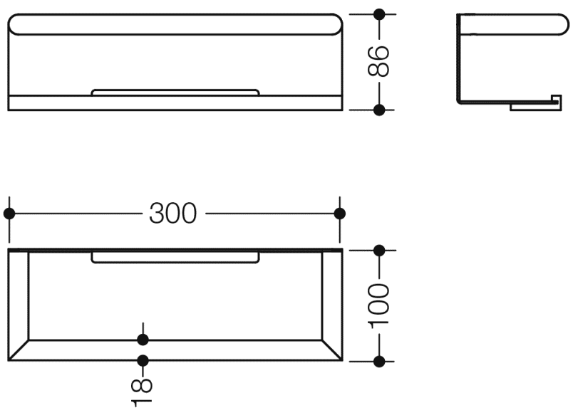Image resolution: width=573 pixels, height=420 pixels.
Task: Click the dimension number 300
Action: click(x=172, y=214)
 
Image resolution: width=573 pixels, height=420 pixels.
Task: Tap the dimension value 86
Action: click(x=378, y=61)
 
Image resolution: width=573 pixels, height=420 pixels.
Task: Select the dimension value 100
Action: click(x=378, y=304)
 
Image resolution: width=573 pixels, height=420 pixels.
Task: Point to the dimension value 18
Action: click(x=143, y=392)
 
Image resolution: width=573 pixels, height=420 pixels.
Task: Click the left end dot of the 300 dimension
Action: click(x=9, y=214)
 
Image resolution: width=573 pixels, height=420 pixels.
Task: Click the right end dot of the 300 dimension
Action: click(x=339, y=214)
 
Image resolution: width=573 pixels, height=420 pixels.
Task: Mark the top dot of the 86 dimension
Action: click(x=379, y=14)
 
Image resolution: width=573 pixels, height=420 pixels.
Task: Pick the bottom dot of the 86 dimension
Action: click(x=379, y=110)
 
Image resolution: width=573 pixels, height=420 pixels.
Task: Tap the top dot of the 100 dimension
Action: click(x=379, y=250)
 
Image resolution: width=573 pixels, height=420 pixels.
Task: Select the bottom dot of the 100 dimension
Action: click(x=379, y=360)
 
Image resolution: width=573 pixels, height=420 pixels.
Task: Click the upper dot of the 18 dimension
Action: click(x=143, y=339)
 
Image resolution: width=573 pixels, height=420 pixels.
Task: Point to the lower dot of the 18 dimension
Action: click(x=143, y=360)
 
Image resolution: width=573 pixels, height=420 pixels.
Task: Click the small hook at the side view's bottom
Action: click(x=534, y=105)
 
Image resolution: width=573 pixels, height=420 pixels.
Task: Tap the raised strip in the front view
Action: click(x=175, y=92)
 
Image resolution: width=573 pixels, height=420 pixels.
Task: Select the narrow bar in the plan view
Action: click(x=175, y=258)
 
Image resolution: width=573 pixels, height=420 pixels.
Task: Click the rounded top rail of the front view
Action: click(x=175, y=24)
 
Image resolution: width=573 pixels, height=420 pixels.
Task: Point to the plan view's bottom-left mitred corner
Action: click(x=19, y=350)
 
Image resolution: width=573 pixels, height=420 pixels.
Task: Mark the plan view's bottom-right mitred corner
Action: click(x=332, y=350)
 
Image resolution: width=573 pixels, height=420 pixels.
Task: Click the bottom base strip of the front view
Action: click(x=175, y=103)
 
